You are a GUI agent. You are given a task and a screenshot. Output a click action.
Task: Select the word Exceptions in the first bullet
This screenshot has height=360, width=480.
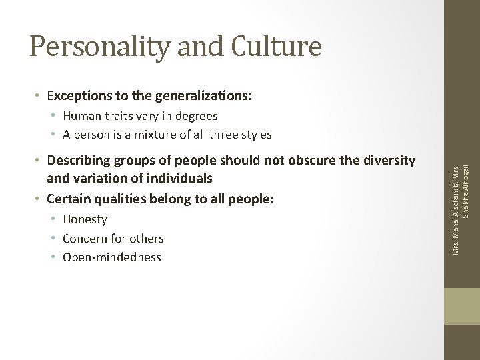tap(76, 95)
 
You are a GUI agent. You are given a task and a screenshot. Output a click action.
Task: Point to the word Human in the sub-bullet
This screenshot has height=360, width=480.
tap(80, 115)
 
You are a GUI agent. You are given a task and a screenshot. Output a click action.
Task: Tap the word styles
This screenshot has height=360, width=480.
tap(256, 134)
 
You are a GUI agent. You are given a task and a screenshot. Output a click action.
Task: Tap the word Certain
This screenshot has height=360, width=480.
tap(67, 198)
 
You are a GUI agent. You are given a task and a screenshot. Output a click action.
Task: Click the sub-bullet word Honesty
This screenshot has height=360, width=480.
tap(85, 219)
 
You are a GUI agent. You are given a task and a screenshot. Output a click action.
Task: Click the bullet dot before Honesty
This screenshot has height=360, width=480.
tap(53, 219)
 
